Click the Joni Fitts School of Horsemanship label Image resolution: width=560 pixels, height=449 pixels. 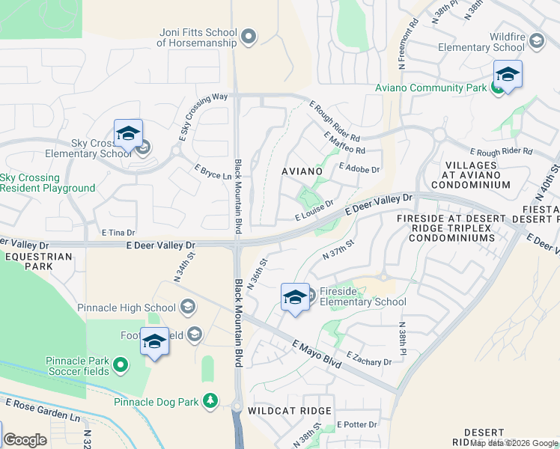tap(198, 37)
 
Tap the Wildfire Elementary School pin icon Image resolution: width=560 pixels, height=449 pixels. tap(536, 40)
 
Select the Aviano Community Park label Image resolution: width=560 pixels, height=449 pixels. tap(430, 88)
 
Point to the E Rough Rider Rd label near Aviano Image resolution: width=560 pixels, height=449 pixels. tap(335, 122)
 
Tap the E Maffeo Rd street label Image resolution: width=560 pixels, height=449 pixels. tap(345, 143)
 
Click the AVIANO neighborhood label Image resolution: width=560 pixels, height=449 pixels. tap(302, 171)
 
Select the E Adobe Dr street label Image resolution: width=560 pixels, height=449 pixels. tap(359, 169)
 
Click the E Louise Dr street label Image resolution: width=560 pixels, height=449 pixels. tap(314, 210)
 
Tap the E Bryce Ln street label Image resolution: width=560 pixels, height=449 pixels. tap(213, 172)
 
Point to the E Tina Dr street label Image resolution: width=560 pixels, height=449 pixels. tap(118, 233)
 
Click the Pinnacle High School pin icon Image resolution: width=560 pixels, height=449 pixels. tap(188, 307)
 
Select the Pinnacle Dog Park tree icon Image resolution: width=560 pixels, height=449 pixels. tap(210, 402)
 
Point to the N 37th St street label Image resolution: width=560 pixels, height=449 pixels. tap(338, 248)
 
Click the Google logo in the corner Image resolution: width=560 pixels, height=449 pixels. tap(25, 440)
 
